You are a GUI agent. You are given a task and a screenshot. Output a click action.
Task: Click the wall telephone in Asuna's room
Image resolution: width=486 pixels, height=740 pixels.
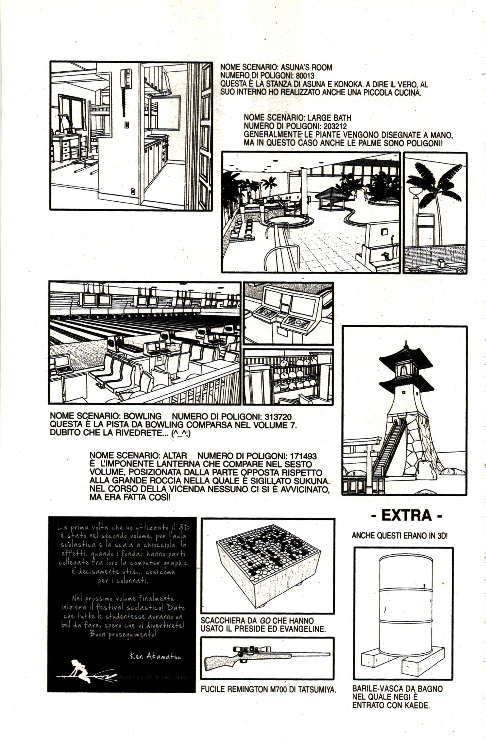coord(126,78)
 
